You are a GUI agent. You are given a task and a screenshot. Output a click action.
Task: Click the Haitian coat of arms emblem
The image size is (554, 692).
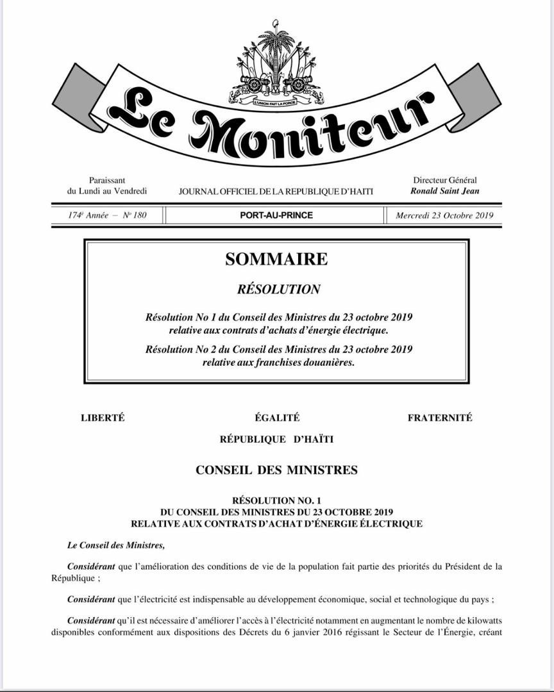point(276,64)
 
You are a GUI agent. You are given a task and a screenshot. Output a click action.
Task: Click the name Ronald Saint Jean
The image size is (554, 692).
point(444,191)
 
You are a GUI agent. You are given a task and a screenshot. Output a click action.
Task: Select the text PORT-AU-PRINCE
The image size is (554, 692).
point(276,215)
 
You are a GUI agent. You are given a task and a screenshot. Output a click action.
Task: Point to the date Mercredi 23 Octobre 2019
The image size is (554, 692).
point(444,215)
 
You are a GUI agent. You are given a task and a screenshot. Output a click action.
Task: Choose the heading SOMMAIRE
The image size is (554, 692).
point(276,259)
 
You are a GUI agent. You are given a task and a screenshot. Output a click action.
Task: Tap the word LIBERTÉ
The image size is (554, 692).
point(103,418)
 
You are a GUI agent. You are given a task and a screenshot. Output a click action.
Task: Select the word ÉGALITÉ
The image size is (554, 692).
point(277,418)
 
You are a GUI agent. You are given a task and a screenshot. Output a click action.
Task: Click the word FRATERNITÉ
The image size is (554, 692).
point(440,418)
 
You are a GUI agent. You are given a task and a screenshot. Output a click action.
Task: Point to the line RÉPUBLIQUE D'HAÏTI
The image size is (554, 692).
point(276,440)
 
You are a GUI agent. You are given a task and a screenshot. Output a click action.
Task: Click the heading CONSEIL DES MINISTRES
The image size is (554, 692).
point(276,470)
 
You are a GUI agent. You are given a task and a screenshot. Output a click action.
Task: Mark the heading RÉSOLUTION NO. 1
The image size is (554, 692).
point(276,500)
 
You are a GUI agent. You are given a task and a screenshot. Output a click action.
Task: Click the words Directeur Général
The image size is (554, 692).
point(444,181)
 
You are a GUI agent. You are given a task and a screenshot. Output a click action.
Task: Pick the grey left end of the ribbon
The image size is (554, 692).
point(78,96)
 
